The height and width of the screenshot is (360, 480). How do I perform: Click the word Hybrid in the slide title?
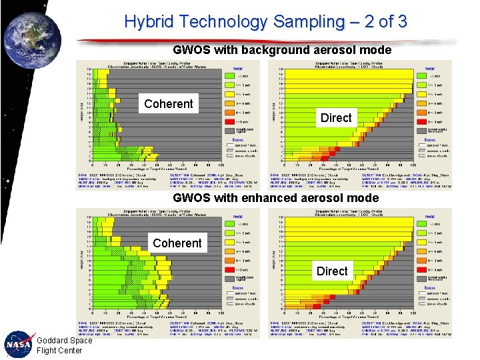pyautogui.click(x=151, y=21)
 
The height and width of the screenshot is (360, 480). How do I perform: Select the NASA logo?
pyautogui.click(x=17, y=345)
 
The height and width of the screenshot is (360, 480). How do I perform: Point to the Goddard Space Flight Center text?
pyautogui.click(x=64, y=345)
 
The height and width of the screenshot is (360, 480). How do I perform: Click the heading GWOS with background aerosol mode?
pyautogui.click(x=281, y=49)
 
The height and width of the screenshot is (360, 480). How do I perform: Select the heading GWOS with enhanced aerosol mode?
pyautogui.click(x=275, y=197)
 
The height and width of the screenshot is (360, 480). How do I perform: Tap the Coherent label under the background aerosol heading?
pyautogui.click(x=169, y=103)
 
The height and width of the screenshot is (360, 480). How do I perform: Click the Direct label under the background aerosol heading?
pyautogui.click(x=336, y=117)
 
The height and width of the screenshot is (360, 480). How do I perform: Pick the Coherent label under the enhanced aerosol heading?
pyautogui.click(x=177, y=243)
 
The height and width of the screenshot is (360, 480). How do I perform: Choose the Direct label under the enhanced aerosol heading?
pyautogui.click(x=332, y=271)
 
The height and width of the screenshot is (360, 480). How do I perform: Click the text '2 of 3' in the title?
pyautogui.click(x=383, y=21)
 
